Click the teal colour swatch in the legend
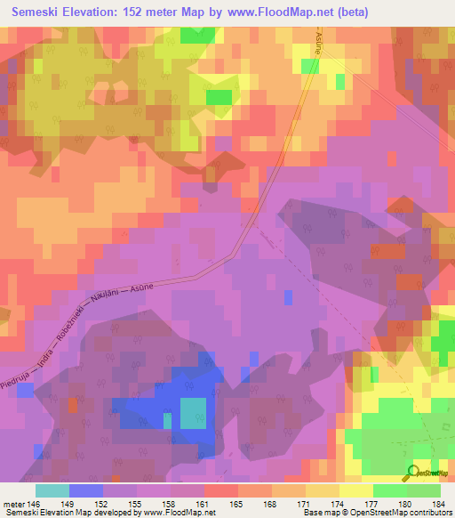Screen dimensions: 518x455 coord(52,490)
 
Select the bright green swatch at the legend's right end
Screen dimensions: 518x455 coord(424,490)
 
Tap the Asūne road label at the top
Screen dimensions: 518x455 coord(317,40)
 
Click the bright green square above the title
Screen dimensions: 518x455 coord(191,36)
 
